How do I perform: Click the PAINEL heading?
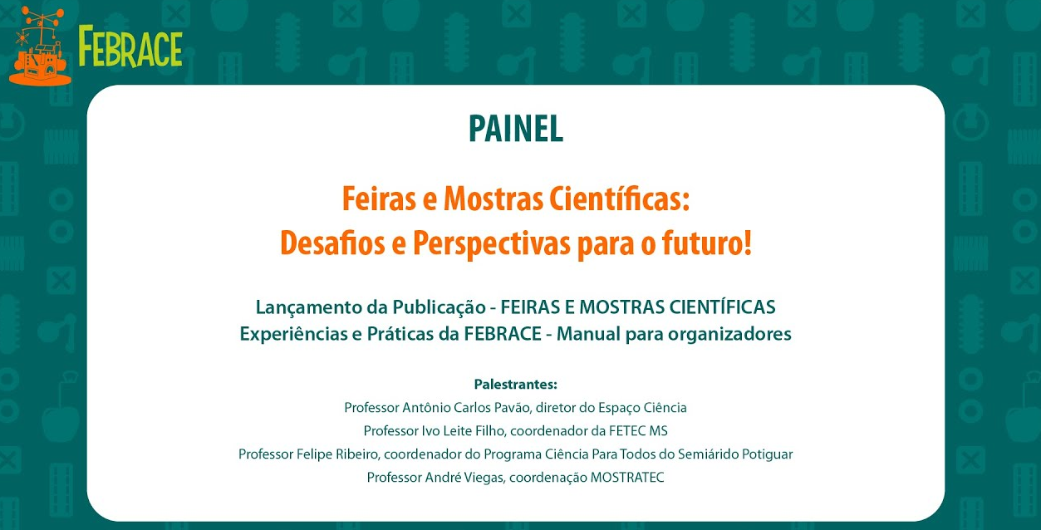click(516, 129)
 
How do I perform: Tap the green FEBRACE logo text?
click(130, 47)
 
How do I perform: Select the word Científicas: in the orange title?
click(619, 199)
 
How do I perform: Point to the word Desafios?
click(333, 243)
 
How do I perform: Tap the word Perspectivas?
click(492, 244)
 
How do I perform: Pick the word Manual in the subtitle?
click(588, 333)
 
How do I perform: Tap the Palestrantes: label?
click(515, 385)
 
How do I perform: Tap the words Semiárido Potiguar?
click(735, 454)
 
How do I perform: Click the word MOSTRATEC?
click(627, 478)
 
